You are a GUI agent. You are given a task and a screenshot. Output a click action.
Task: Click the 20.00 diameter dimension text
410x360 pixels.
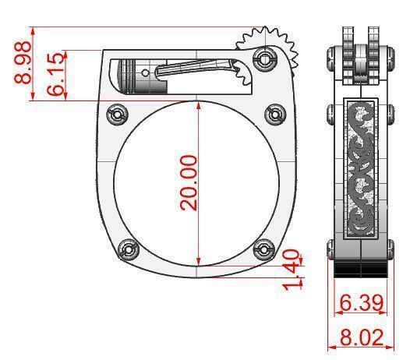(189, 182)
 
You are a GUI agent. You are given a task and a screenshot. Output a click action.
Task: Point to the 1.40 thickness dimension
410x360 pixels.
(291, 270)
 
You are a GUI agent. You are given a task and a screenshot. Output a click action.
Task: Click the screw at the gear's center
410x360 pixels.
(266, 58)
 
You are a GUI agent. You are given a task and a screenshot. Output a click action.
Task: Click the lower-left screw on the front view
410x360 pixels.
(129, 250)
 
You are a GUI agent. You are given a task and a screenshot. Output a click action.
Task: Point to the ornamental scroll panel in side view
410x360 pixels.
(361, 168)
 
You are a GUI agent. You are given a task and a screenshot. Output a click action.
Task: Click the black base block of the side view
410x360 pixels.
(361, 269)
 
